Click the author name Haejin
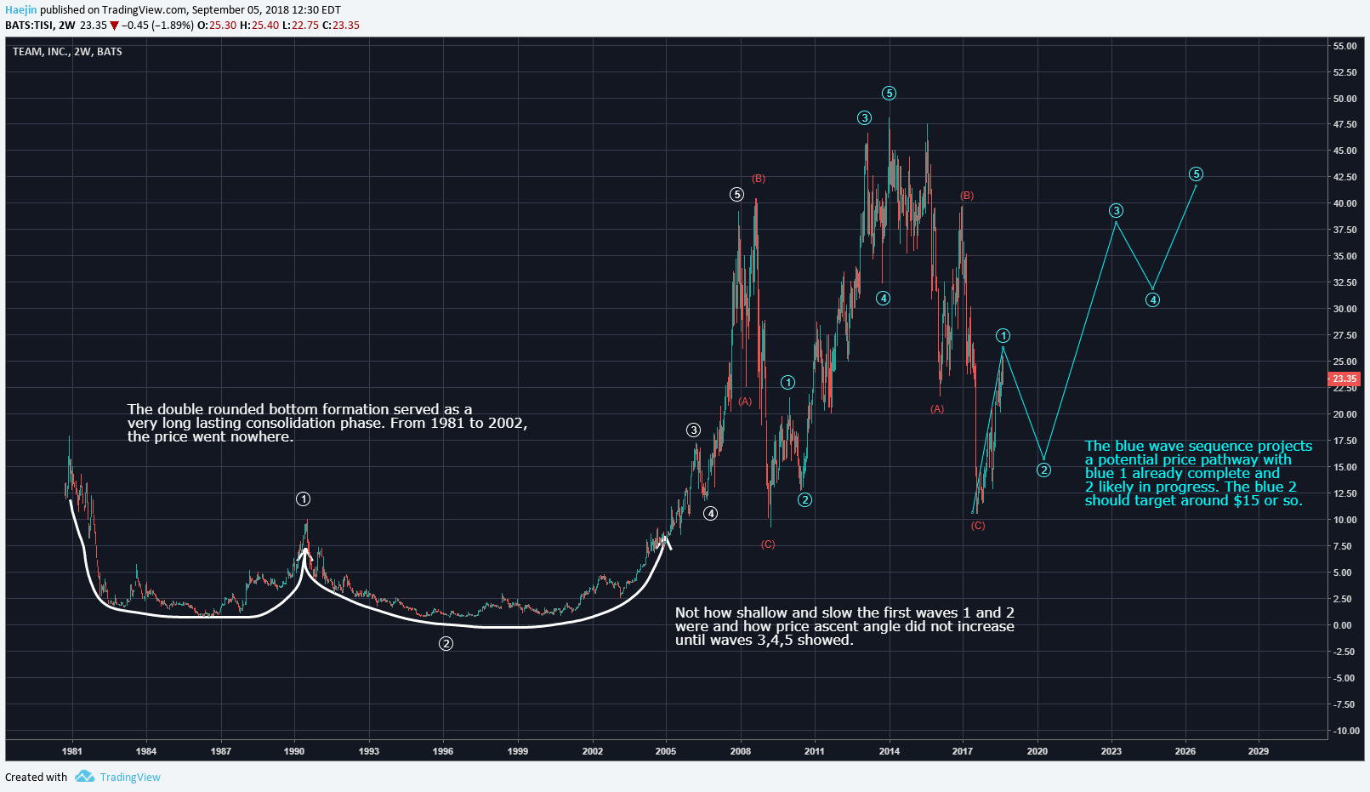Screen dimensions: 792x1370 pyautogui.click(x=20, y=10)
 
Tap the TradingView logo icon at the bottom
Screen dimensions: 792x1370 pyautogui.click(x=84, y=777)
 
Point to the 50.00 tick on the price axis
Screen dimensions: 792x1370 pyautogui.click(x=1344, y=99)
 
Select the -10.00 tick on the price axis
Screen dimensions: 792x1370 pyautogui.click(x=1344, y=731)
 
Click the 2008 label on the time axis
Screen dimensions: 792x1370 pyautogui.click(x=740, y=751)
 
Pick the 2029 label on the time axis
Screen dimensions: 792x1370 pyautogui.click(x=1258, y=751)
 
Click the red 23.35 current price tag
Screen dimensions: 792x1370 pyautogui.click(x=1344, y=379)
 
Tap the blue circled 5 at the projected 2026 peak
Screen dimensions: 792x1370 pyautogui.click(x=1196, y=174)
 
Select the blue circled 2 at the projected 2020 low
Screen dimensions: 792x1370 pyautogui.click(x=1043, y=470)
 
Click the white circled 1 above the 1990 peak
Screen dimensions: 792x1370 pyautogui.click(x=303, y=499)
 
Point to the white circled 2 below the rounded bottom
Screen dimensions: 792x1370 pyautogui.click(x=446, y=643)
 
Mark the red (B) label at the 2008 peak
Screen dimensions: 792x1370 pyautogui.click(x=758, y=179)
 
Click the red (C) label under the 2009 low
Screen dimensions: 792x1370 pyautogui.click(x=768, y=544)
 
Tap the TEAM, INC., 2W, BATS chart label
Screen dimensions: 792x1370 pyautogui.click(x=67, y=52)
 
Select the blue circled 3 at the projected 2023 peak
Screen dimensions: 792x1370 pyautogui.click(x=1116, y=211)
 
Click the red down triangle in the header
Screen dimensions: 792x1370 pyautogui.click(x=114, y=26)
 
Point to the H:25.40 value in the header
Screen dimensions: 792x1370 pyautogui.click(x=259, y=26)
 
